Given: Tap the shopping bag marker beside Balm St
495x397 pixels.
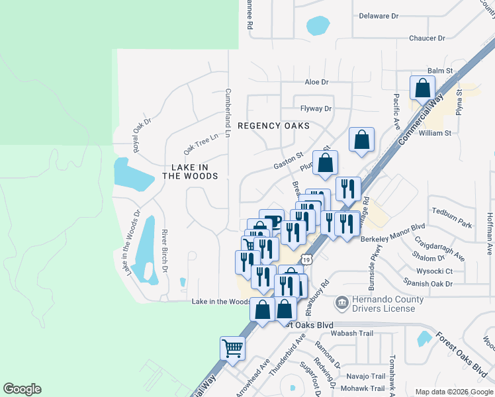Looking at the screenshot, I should pyautogui.click(x=422, y=88).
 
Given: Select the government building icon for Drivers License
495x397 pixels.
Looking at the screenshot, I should pyautogui.click(x=341, y=304).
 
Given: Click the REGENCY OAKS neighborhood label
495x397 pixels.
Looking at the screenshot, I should pyautogui.click(x=273, y=125).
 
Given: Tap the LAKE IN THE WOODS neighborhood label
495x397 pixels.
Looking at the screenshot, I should pyautogui.click(x=190, y=172).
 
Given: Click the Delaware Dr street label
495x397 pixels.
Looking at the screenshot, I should pyautogui.click(x=379, y=16).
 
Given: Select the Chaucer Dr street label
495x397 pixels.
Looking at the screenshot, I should pyautogui.click(x=413, y=38).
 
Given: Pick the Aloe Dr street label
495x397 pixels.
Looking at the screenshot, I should pyautogui.click(x=316, y=82).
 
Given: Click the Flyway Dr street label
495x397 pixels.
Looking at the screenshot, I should pyautogui.click(x=316, y=109).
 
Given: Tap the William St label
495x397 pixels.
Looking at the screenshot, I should pyautogui.click(x=435, y=133).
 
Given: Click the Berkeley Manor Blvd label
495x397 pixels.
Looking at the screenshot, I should pyautogui.click(x=392, y=239).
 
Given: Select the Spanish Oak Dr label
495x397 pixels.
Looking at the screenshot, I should pyautogui.click(x=430, y=284).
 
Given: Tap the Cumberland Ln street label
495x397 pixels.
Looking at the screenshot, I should pyautogui.click(x=227, y=113).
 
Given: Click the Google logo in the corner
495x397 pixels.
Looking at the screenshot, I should pyautogui.click(x=22, y=389).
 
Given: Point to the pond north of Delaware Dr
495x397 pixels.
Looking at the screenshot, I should pyautogui.click(x=318, y=26).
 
